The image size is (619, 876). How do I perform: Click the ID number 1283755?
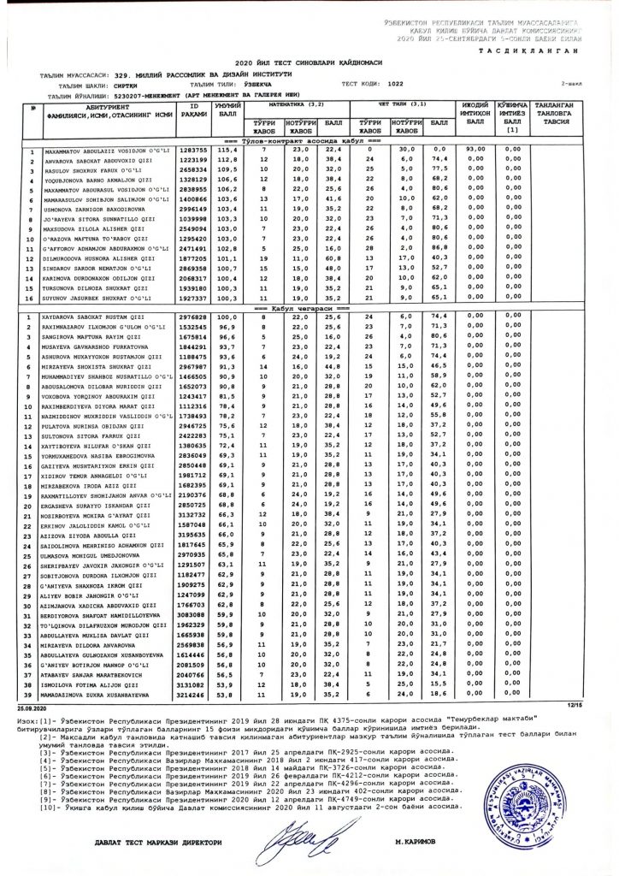194,150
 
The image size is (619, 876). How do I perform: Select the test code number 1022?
395,85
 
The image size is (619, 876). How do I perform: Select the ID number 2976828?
194,317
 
